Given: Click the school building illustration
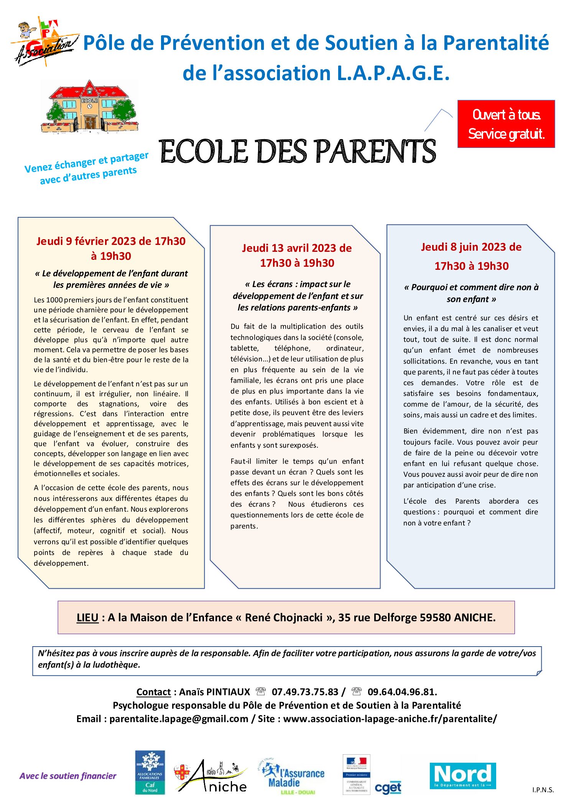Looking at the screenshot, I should coord(89,107).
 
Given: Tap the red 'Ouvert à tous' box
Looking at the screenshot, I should coord(506,124).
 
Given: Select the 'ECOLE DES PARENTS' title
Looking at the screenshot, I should coord(297,151).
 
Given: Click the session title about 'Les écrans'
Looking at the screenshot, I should coord(297,296).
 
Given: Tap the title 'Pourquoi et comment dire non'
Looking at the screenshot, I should coord(471,293).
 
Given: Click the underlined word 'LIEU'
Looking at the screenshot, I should coord(87,617).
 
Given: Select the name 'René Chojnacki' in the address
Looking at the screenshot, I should coord(283,617).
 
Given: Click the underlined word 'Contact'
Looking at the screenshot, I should coord(153,692).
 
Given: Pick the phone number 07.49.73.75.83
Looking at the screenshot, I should coord(305,692).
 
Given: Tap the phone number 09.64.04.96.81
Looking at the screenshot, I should coord(402,692).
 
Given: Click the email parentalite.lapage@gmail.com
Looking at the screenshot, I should coord(179,719).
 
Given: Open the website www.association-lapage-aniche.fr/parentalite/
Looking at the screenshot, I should coord(390,719).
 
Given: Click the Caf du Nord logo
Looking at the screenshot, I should coord(150,772).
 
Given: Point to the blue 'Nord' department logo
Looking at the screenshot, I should coord(462,776).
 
